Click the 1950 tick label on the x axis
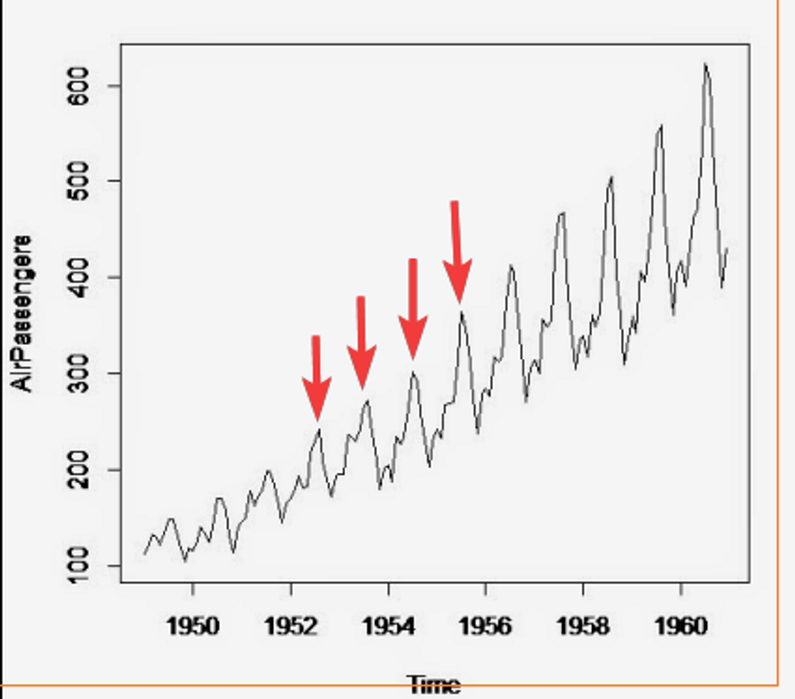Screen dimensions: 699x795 pyautogui.click(x=193, y=625)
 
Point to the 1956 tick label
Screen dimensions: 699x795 pyautogui.click(x=485, y=625)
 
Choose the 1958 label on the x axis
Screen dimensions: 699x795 pyautogui.click(x=583, y=625)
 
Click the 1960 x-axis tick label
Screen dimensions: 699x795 pyautogui.click(x=680, y=625)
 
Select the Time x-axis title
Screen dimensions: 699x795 pyautogui.click(x=434, y=685)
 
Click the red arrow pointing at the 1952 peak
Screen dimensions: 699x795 pyautogui.click(x=316, y=378)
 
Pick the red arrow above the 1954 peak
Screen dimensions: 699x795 pyautogui.click(x=412, y=309)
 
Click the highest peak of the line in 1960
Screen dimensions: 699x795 pyautogui.click(x=705, y=64)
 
